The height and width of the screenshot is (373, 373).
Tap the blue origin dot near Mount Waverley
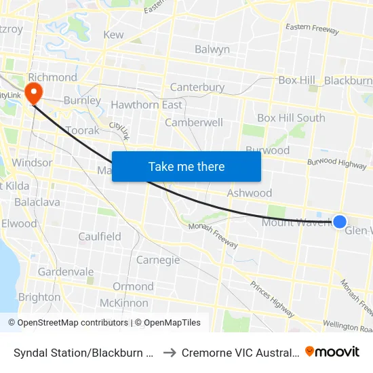[x=340, y=221]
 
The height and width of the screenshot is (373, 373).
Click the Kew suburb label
[x=113, y=35]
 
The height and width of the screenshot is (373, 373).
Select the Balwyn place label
[x=212, y=50]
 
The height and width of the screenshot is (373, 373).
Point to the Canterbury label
[x=197, y=87]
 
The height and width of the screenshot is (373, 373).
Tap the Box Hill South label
[x=291, y=118]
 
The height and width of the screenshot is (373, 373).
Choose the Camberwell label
[x=194, y=123]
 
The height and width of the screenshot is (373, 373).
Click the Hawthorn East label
[x=146, y=105]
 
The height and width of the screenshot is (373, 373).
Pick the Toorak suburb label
[x=83, y=130]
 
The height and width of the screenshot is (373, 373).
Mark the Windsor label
[x=32, y=163]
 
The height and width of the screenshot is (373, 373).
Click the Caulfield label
[x=100, y=237]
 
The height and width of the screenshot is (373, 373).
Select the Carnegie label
[x=158, y=260]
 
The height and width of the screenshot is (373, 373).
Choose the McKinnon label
[x=124, y=303]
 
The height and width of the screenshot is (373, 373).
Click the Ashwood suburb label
[x=250, y=193]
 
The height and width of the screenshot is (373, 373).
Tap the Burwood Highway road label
[x=336, y=163]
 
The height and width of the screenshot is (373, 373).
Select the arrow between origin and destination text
[x=170, y=352]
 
